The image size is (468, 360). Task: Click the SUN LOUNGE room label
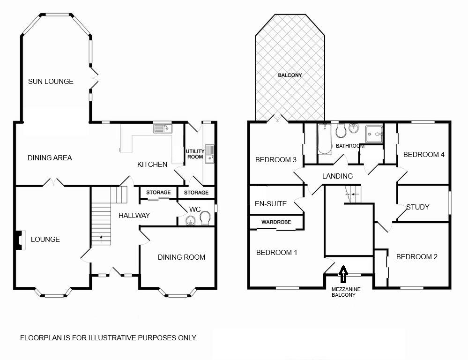(x=51, y=81)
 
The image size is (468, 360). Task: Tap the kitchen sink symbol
(x=163, y=128)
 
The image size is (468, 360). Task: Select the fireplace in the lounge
(x=20, y=240)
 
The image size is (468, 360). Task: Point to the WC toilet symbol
(x=205, y=218)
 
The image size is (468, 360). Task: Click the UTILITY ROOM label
(x=195, y=154)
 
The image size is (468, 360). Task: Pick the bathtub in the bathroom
(x=325, y=139)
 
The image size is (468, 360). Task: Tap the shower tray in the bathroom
(x=374, y=134)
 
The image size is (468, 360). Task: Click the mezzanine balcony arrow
(x=343, y=274)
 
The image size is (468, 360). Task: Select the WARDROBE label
(x=276, y=222)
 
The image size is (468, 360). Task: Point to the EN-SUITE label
(x=271, y=204)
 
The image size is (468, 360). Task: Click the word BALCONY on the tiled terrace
(x=290, y=75)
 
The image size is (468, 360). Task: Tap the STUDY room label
(x=417, y=207)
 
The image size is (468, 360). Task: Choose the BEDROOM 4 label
(x=424, y=155)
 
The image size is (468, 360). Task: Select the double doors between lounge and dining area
(x=53, y=182)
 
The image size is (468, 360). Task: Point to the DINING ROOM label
(x=181, y=257)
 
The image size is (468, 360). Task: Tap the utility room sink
(x=209, y=154)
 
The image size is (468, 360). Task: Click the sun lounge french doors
(x=94, y=78)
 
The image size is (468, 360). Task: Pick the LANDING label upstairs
(x=337, y=176)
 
